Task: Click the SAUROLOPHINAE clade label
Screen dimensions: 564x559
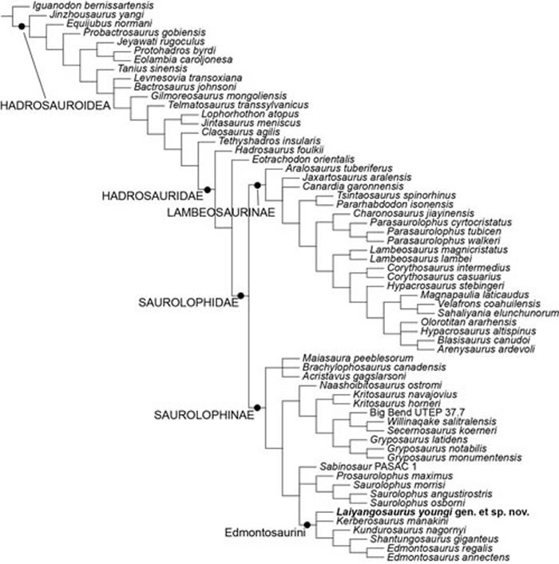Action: click(x=202, y=416)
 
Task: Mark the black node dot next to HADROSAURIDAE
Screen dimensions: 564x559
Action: click(x=208, y=189)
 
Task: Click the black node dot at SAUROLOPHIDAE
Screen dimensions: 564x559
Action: click(x=240, y=296)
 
